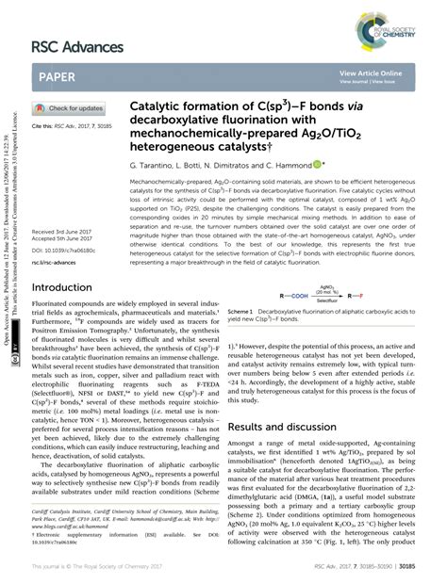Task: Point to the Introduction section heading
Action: pyautogui.click(x=68, y=289)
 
